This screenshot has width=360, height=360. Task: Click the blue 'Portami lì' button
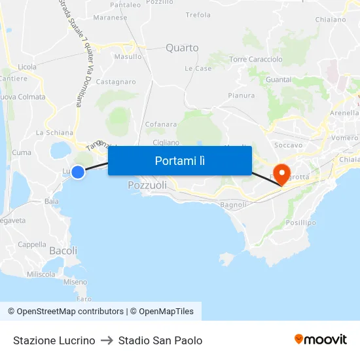pyautogui.click(x=180, y=160)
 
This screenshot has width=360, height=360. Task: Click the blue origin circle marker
pyautogui.click(x=78, y=172)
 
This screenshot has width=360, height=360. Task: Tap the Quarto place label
pyautogui.click(x=182, y=48)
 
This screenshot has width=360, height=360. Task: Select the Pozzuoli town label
pyautogui.click(x=147, y=185)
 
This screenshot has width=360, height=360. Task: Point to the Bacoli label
pyautogui.click(x=63, y=251)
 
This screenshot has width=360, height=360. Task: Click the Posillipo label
pyautogui.click(x=301, y=223)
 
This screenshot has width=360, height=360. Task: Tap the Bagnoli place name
pyautogui.click(x=234, y=205)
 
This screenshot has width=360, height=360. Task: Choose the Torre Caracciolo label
pyautogui.click(x=256, y=60)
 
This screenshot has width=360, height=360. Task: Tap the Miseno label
pyautogui.click(x=75, y=282)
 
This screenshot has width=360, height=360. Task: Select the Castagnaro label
pyautogui.click(x=116, y=82)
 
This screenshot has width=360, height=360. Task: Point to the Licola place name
pyautogui.click(x=27, y=67)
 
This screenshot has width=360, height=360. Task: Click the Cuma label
pyautogui.click(x=22, y=153)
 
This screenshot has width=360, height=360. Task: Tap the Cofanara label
pyautogui.click(x=161, y=124)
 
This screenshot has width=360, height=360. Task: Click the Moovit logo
pyautogui.click(x=321, y=340)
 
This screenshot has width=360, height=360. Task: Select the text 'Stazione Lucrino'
pyautogui.click(x=54, y=340)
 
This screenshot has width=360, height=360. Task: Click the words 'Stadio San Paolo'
pyautogui.click(x=160, y=340)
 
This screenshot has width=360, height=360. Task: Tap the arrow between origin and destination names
pyautogui.click(x=107, y=340)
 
